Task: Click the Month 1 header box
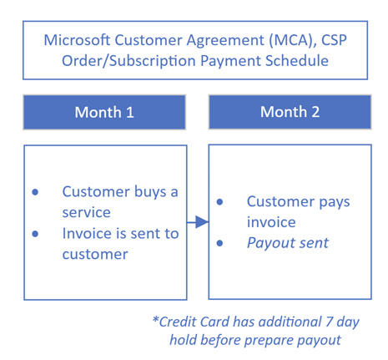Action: pos(104,112)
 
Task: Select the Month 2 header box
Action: pos(290,112)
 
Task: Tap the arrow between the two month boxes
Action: pos(198,222)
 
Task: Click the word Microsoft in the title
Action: pos(77,40)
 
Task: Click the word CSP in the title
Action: pos(334,40)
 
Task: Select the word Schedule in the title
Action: pos(297,60)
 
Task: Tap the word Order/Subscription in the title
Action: pos(128,61)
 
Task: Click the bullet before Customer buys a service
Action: pos(35,192)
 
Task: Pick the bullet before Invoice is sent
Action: pos(35,234)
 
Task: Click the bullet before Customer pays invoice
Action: pos(219,202)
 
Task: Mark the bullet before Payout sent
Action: pos(219,243)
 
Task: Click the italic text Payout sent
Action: pos(288,243)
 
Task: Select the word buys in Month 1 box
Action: pos(150,192)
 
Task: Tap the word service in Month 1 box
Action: pos(86,213)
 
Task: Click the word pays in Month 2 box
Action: pos(335,203)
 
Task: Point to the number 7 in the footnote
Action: pos(330,322)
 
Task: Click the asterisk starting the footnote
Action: pos(155,319)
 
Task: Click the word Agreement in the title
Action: pos(225,41)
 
